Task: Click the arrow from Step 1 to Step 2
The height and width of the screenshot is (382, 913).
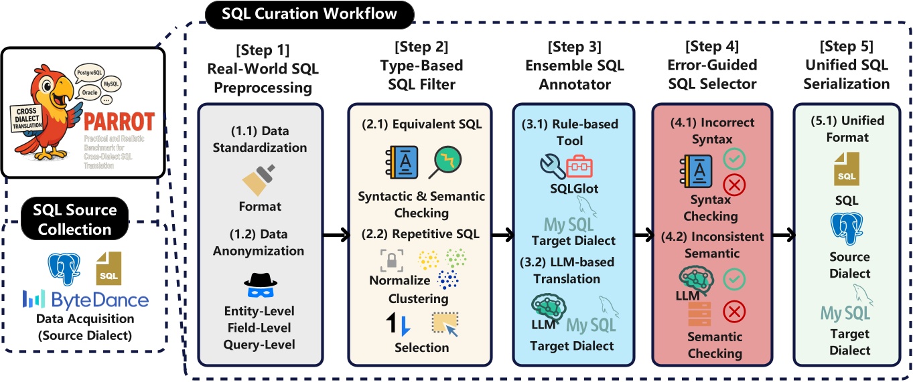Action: click(337, 235)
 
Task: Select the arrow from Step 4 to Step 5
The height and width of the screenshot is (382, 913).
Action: click(780, 235)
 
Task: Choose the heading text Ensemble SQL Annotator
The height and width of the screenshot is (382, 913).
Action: click(574, 67)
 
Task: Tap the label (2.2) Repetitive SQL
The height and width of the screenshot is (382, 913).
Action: click(421, 233)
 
